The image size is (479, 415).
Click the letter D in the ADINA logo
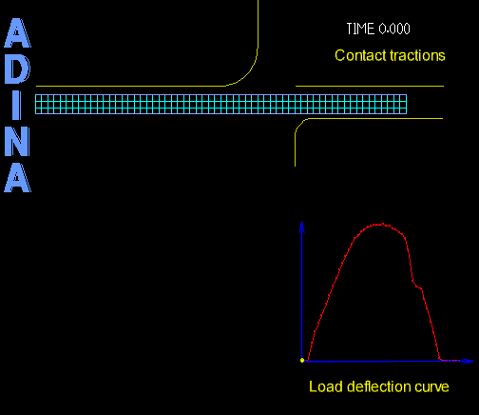(17, 69)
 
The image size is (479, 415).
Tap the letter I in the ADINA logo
(17, 105)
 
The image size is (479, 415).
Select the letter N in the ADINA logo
(17, 141)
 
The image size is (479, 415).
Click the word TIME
(360, 29)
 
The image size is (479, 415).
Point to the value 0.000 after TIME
(394, 29)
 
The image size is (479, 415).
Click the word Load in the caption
(326, 386)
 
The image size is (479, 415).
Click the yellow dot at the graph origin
(302, 360)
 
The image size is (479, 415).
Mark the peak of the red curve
(381, 225)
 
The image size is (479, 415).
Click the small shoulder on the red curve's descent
(417, 286)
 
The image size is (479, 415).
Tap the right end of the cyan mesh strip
(407, 104)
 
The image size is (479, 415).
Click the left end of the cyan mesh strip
(35, 104)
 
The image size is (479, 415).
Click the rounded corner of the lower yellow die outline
(298, 124)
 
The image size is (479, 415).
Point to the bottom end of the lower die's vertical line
(295, 166)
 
